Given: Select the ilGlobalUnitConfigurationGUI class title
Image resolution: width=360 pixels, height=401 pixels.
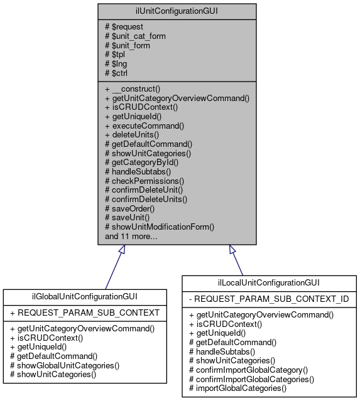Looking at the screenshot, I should click(85, 296).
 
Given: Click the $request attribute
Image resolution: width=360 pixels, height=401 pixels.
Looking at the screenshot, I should click(125, 26).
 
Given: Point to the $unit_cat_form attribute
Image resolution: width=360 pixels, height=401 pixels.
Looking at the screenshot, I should click(135, 36).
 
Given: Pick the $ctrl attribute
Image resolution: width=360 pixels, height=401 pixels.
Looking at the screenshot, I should click(120, 72).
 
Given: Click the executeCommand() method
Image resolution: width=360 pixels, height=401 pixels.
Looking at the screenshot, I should click(145, 125).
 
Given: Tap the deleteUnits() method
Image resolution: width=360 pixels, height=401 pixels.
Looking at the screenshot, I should click(136, 134).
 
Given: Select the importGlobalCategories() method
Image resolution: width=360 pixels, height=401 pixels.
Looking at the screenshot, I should click(237, 388).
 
